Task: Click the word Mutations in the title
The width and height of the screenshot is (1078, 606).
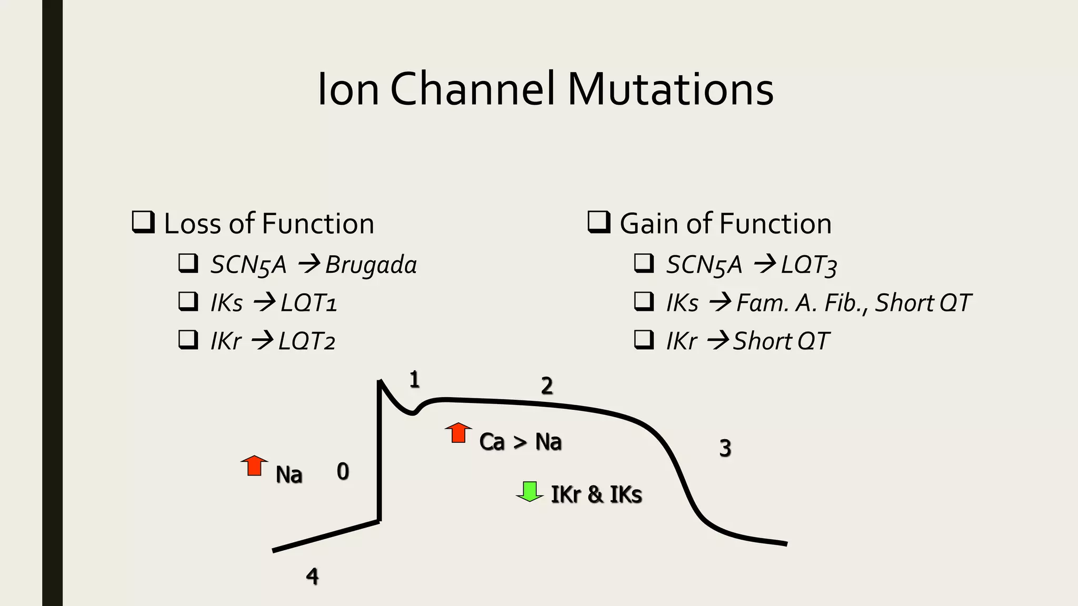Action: click(670, 89)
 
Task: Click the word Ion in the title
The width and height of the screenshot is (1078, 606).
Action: click(348, 89)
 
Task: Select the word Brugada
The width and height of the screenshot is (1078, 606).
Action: click(371, 265)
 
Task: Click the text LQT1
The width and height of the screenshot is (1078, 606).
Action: click(308, 303)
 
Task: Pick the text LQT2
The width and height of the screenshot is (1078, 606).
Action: click(307, 341)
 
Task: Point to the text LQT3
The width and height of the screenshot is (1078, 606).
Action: click(809, 265)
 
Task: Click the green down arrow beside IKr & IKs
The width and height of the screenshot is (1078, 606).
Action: click(530, 491)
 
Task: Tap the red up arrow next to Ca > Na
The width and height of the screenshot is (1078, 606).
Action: click(458, 432)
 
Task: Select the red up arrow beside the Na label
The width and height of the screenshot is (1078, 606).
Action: click(254, 466)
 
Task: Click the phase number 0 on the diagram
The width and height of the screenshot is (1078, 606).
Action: click(343, 471)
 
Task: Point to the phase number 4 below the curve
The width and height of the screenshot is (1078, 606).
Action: click(312, 577)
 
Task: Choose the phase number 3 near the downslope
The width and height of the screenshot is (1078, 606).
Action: click(725, 448)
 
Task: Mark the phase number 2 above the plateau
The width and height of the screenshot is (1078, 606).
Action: click(547, 386)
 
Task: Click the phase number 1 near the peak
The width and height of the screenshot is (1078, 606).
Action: click(414, 379)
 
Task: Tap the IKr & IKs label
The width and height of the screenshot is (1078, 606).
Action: click(596, 494)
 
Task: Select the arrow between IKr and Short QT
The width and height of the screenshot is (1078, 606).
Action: click(717, 341)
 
